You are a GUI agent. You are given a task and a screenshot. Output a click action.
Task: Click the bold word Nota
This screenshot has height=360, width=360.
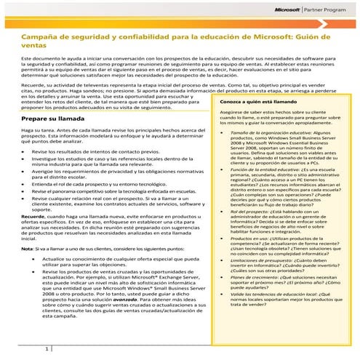pyautogui.click(x=28, y=248)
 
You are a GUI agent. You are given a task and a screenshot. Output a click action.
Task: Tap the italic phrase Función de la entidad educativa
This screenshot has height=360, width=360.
pyautogui.click(x=249, y=169)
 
